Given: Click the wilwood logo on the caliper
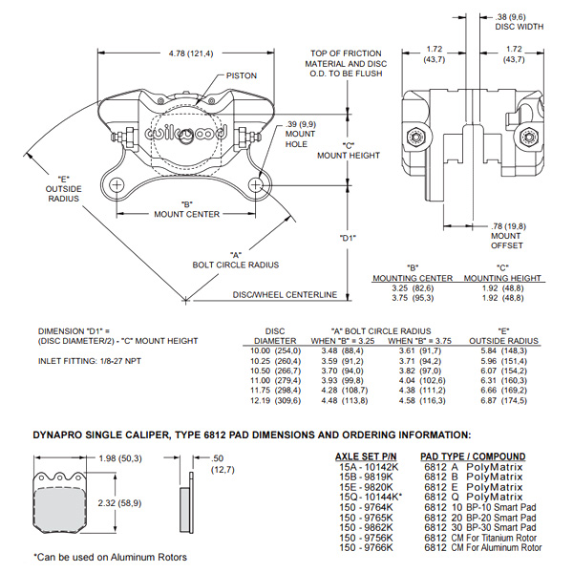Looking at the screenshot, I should click(x=186, y=136).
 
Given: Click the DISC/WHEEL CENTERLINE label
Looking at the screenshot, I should click(x=286, y=294).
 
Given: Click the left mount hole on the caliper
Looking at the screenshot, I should click(x=116, y=184).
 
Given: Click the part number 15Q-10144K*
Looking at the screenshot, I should click(x=365, y=497).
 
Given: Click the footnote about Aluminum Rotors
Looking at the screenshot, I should click(x=111, y=557).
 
